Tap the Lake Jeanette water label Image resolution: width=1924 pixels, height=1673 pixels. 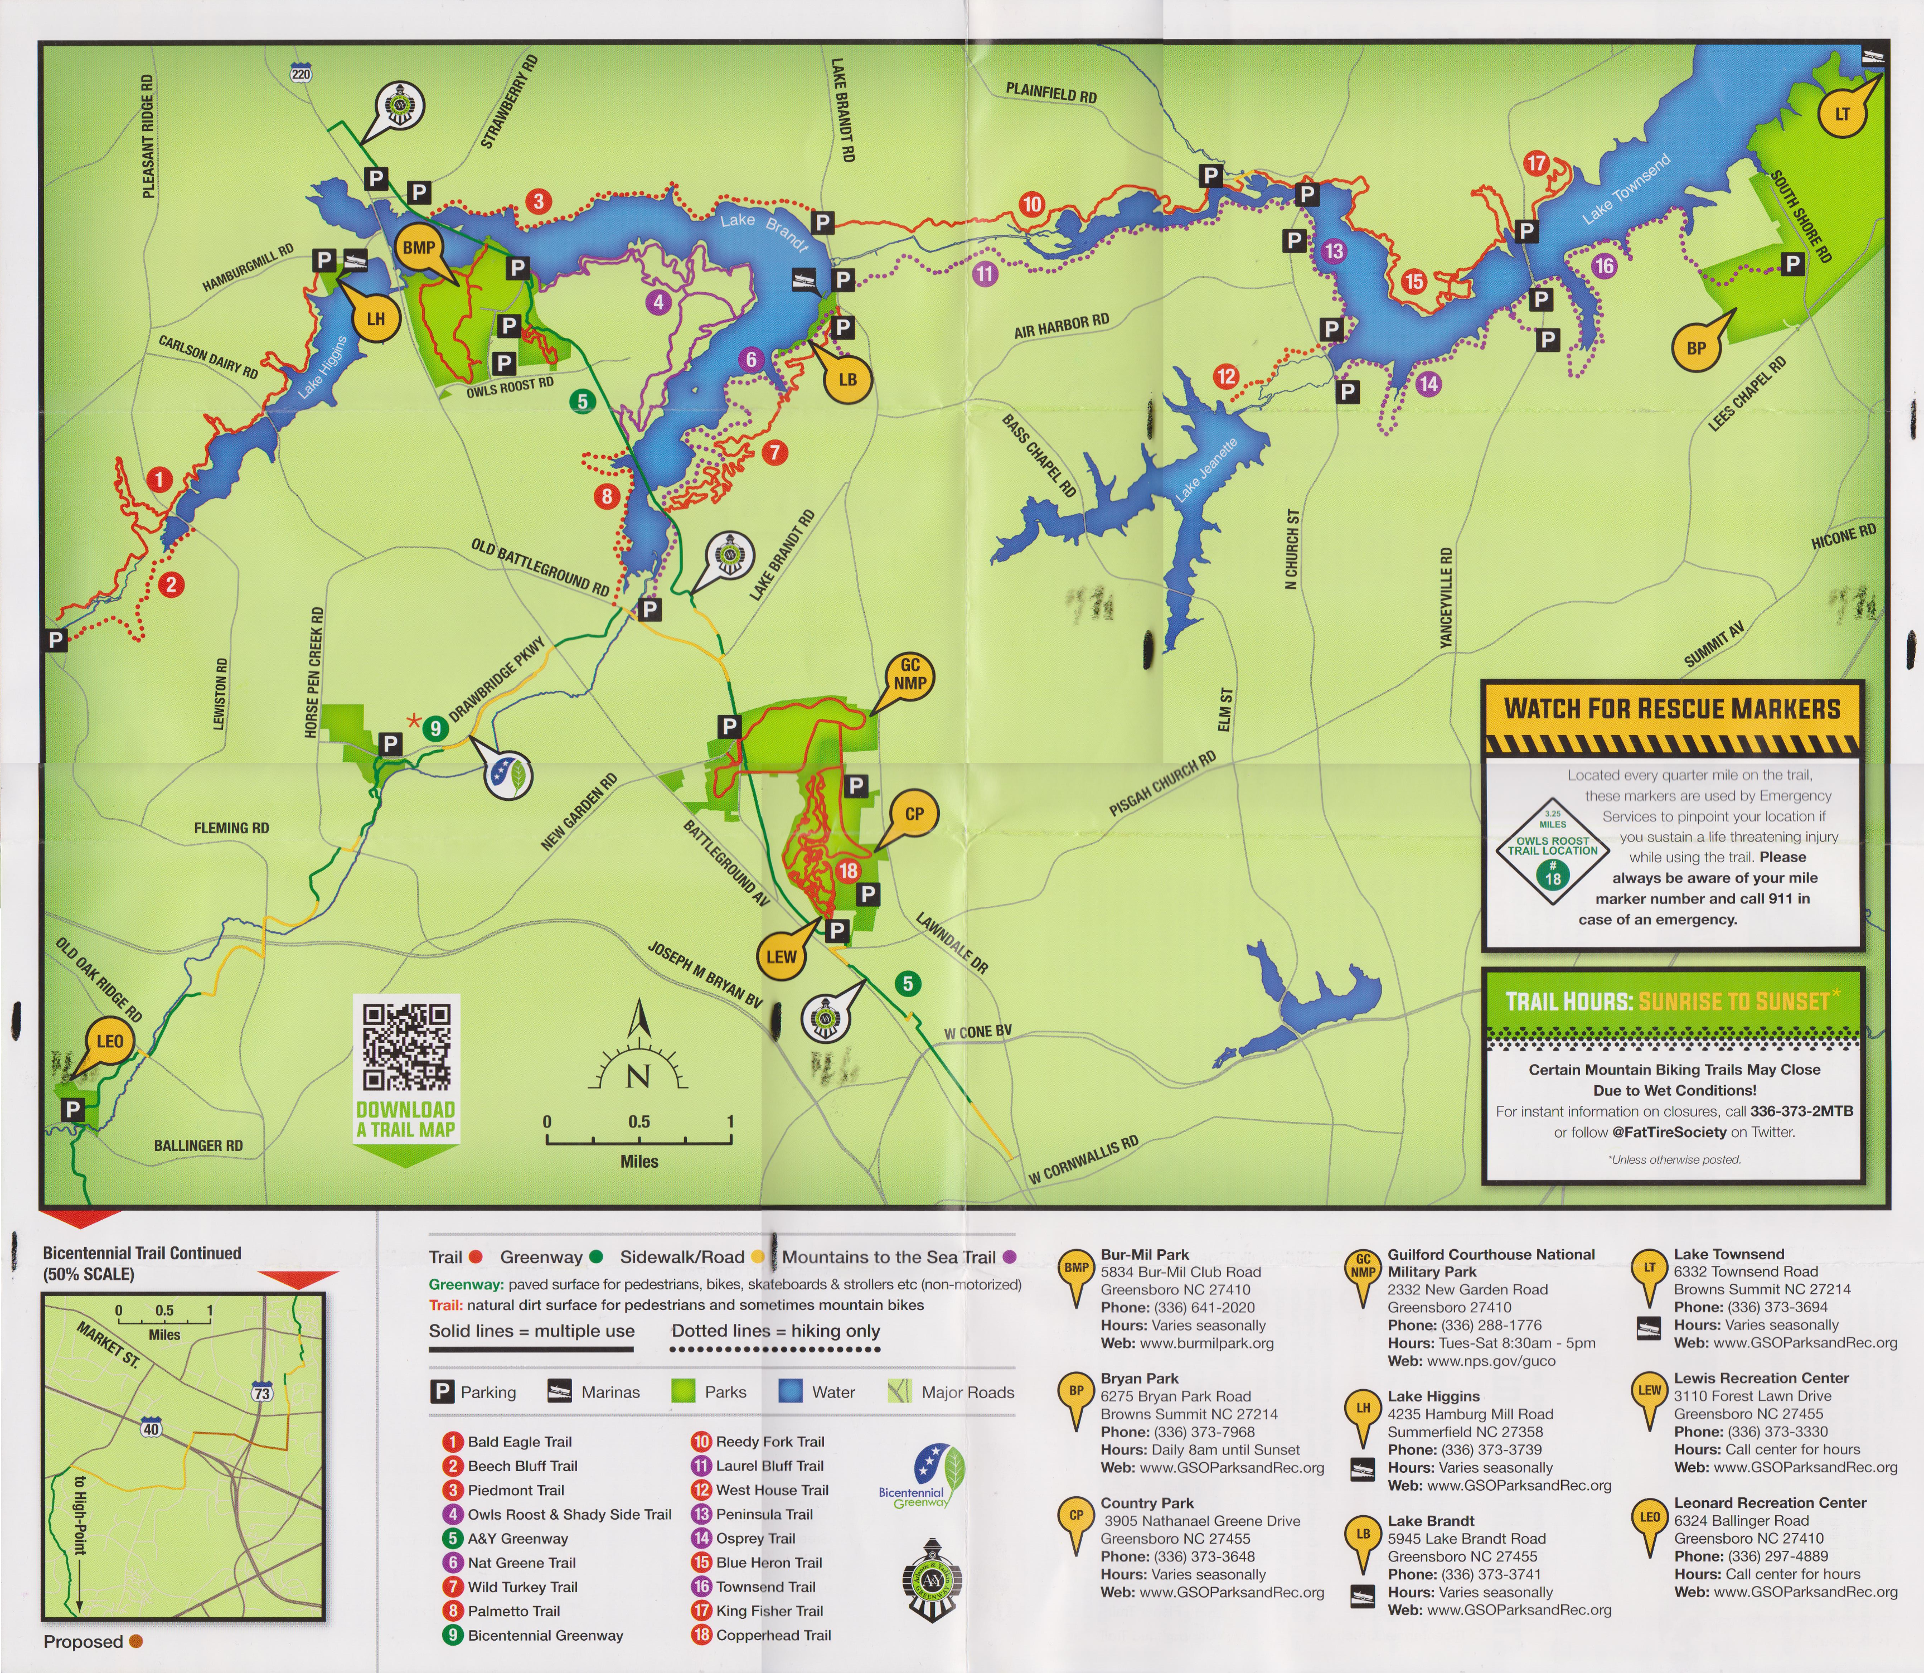click(x=1205, y=470)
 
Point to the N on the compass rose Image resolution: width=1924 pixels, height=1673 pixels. click(x=638, y=1077)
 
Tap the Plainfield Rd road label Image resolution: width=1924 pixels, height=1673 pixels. click(x=1050, y=93)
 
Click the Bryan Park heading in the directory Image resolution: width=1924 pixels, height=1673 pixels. click(x=1139, y=1378)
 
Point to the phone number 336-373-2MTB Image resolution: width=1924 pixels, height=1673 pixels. click(x=1801, y=1111)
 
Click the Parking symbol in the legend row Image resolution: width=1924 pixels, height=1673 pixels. click(x=440, y=1392)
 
